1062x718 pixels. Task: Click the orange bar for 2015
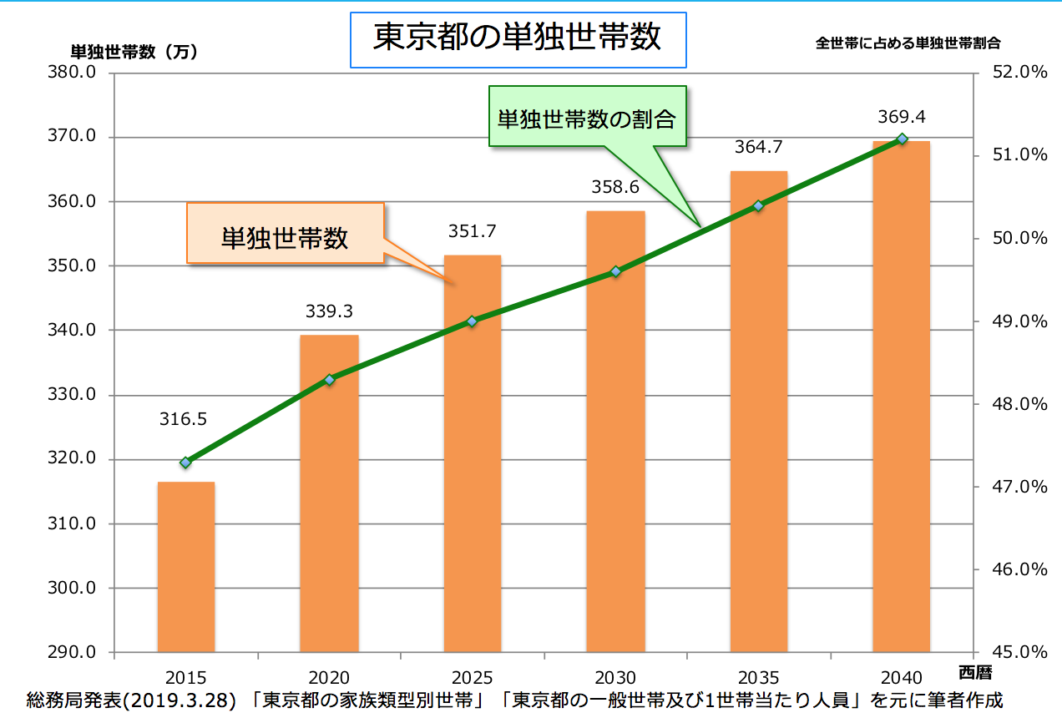186,568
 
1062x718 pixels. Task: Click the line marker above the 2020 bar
329,380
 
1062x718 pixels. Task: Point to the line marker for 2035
758,205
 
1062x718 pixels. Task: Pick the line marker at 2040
902,139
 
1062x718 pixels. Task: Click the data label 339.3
329,311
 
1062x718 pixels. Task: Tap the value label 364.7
758,148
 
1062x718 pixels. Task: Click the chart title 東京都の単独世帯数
517,38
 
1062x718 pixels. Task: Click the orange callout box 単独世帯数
285,238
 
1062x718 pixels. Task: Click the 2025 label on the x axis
473,678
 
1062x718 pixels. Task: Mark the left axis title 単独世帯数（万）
133,52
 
